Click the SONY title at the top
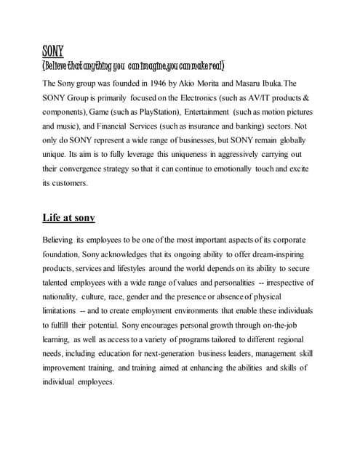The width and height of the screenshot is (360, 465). pos(53,51)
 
